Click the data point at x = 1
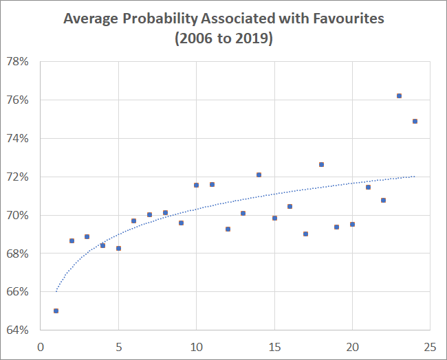pos(56,311)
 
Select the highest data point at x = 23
pos(399,95)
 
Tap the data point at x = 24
pos(415,121)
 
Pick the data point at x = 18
pos(321,164)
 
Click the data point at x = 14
pos(259,175)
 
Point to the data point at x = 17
pos(305,234)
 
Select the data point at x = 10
pos(196,185)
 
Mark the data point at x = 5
pos(118,248)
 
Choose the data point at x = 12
pos(228,229)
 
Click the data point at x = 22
pos(383,200)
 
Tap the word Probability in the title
pos(156,19)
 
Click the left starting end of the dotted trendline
pos(56,291)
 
